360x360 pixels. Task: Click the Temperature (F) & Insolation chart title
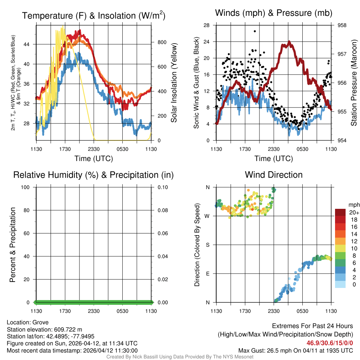[94, 15]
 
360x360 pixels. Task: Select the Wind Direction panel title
[274, 175]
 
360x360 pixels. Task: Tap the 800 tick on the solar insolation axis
[162, 42]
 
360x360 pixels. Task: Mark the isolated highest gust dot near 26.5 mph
[255, 31]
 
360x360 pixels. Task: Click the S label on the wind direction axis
[207, 245]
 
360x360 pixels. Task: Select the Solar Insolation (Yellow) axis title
[174, 83]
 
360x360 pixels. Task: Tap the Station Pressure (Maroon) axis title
[354, 83]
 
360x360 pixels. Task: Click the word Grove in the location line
[41, 322]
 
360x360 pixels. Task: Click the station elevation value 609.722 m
[68, 329]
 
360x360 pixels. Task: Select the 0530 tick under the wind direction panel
[302, 311]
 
